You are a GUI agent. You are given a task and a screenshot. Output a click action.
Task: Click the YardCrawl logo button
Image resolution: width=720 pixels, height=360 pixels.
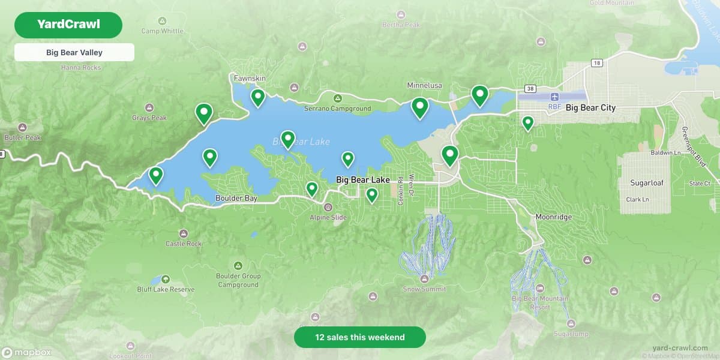click(68, 25)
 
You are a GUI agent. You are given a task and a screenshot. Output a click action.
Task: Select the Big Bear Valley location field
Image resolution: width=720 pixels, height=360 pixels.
click(74, 52)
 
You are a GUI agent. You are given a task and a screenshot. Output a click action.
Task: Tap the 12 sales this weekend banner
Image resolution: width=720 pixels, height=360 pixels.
click(360, 337)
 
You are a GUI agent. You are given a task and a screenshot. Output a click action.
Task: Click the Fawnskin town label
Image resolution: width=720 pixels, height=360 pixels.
click(250, 79)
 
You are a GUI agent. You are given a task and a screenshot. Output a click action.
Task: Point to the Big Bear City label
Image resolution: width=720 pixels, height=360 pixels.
click(590, 108)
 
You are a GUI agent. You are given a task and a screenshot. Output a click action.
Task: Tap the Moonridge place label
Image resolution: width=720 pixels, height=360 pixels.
click(553, 217)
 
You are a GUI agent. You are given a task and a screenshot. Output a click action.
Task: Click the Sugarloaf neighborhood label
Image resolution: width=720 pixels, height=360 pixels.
click(644, 182)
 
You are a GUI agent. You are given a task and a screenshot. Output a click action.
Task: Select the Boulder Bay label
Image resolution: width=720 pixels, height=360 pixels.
click(236, 198)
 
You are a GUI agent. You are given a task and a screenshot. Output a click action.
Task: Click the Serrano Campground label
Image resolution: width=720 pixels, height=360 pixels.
click(337, 109)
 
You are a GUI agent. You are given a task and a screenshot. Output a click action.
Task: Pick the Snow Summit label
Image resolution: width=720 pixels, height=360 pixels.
click(424, 289)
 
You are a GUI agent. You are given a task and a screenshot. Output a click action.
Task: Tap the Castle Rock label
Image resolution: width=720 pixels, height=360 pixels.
click(184, 244)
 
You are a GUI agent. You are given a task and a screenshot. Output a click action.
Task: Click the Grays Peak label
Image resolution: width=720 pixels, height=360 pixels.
click(149, 118)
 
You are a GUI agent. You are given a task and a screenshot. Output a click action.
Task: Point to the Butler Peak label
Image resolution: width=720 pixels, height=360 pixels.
click(23, 137)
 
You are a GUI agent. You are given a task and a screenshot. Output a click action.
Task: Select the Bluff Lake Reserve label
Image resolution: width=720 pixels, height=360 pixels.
click(166, 289)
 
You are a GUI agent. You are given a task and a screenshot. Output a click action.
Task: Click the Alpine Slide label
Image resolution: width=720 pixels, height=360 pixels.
click(328, 217)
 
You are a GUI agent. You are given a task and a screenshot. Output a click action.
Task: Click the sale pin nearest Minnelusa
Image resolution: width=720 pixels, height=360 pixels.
click(420, 106)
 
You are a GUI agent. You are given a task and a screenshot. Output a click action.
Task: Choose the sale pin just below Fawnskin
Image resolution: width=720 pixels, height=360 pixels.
click(258, 96)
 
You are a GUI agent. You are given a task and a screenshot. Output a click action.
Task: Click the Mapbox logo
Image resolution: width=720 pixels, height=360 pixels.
click(26, 353)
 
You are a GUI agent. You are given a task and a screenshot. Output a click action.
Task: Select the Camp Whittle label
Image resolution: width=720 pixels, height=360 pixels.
click(162, 31)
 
